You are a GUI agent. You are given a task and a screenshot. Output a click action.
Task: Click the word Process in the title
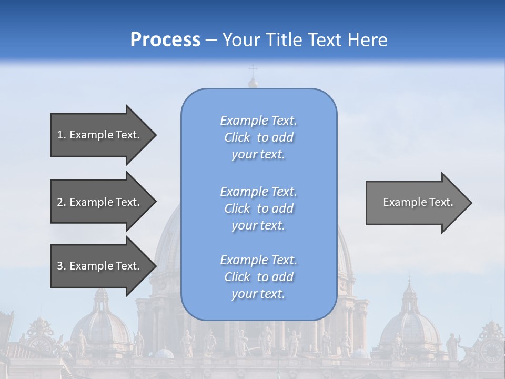(x=165, y=40)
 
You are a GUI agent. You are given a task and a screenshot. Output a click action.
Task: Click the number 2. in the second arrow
(x=62, y=202)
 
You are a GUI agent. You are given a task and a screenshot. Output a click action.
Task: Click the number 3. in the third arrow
(x=62, y=266)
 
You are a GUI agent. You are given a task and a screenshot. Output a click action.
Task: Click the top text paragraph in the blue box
(x=258, y=137)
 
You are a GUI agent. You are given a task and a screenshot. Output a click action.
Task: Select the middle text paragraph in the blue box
(x=258, y=208)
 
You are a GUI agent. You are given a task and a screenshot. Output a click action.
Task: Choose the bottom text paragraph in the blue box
(x=258, y=277)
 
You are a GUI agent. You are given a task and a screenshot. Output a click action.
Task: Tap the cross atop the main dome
(x=253, y=70)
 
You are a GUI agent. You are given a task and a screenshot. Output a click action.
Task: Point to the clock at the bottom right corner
(x=491, y=350)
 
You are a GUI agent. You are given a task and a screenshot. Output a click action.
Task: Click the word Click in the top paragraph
(x=237, y=137)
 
